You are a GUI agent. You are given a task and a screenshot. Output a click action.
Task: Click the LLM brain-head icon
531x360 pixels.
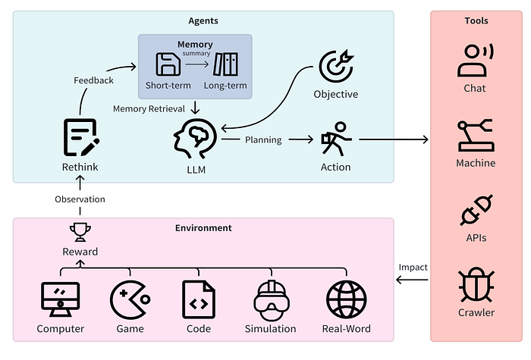(196, 139)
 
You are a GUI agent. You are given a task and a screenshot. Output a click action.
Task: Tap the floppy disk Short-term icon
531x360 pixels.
(168, 64)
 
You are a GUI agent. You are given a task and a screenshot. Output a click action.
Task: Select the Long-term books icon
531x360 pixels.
(225, 64)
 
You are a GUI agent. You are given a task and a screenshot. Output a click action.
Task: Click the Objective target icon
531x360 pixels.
(336, 67)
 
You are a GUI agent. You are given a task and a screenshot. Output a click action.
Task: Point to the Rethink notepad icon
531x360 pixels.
(81, 137)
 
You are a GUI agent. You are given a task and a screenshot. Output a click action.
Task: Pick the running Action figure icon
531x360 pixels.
(336, 139)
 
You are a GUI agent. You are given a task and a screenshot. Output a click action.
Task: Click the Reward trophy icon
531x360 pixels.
(80, 232)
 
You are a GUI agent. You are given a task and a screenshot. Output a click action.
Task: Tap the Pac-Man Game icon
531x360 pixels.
(130, 300)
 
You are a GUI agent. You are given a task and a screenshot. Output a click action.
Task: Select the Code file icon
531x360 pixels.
(199, 300)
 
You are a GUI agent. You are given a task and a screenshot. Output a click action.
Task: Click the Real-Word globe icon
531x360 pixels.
(347, 300)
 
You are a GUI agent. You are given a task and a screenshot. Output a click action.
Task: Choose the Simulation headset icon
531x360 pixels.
(272, 300)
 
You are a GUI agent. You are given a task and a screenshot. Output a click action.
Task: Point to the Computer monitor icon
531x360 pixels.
(60, 299)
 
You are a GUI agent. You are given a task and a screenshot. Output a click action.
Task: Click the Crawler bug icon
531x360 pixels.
(476, 285)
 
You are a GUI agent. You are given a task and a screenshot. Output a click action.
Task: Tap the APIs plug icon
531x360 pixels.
(476, 210)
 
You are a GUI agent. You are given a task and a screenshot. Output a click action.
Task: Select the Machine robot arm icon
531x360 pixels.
(476, 136)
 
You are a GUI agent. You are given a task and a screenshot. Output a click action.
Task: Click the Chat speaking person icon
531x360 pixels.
(476, 61)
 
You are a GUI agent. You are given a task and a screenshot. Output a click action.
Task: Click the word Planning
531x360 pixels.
(263, 139)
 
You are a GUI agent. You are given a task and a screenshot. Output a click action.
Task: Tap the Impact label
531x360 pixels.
(413, 268)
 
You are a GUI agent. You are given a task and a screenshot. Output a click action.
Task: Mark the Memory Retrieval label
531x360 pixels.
(149, 108)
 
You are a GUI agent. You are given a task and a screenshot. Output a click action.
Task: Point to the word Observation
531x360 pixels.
(80, 199)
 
